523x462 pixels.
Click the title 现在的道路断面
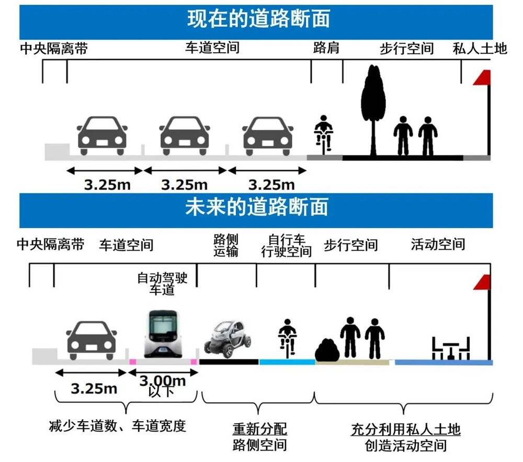pyautogui.click(x=258, y=19)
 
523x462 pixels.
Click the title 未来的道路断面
pyautogui.click(x=257, y=207)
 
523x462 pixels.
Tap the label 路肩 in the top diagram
pyautogui.click(x=326, y=48)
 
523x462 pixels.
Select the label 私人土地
pyautogui.click(x=480, y=48)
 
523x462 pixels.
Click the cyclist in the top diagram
pyautogui.click(x=323, y=134)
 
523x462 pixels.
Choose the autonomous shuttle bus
pyautogui.click(x=163, y=334)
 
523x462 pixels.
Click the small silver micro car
pyautogui.click(x=228, y=339)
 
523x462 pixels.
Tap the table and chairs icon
pyautogui.click(x=451, y=348)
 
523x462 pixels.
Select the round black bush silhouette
pyautogui.click(x=327, y=350)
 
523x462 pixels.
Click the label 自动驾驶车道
pyautogui.click(x=163, y=284)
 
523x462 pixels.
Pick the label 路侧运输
pyautogui.click(x=226, y=245)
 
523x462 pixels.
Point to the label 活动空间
pyautogui.click(x=438, y=244)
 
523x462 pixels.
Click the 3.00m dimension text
pyautogui.click(x=163, y=380)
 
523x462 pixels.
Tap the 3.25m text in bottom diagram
pyautogui.click(x=94, y=389)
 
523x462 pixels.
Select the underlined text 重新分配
pyautogui.click(x=260, y=429)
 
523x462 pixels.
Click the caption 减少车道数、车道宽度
pyautogui.click(x=117, y=426)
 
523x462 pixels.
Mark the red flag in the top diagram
pyautogui.click(x=482, y=77)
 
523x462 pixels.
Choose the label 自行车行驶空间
pyautogui.click(x=287, y=245)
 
